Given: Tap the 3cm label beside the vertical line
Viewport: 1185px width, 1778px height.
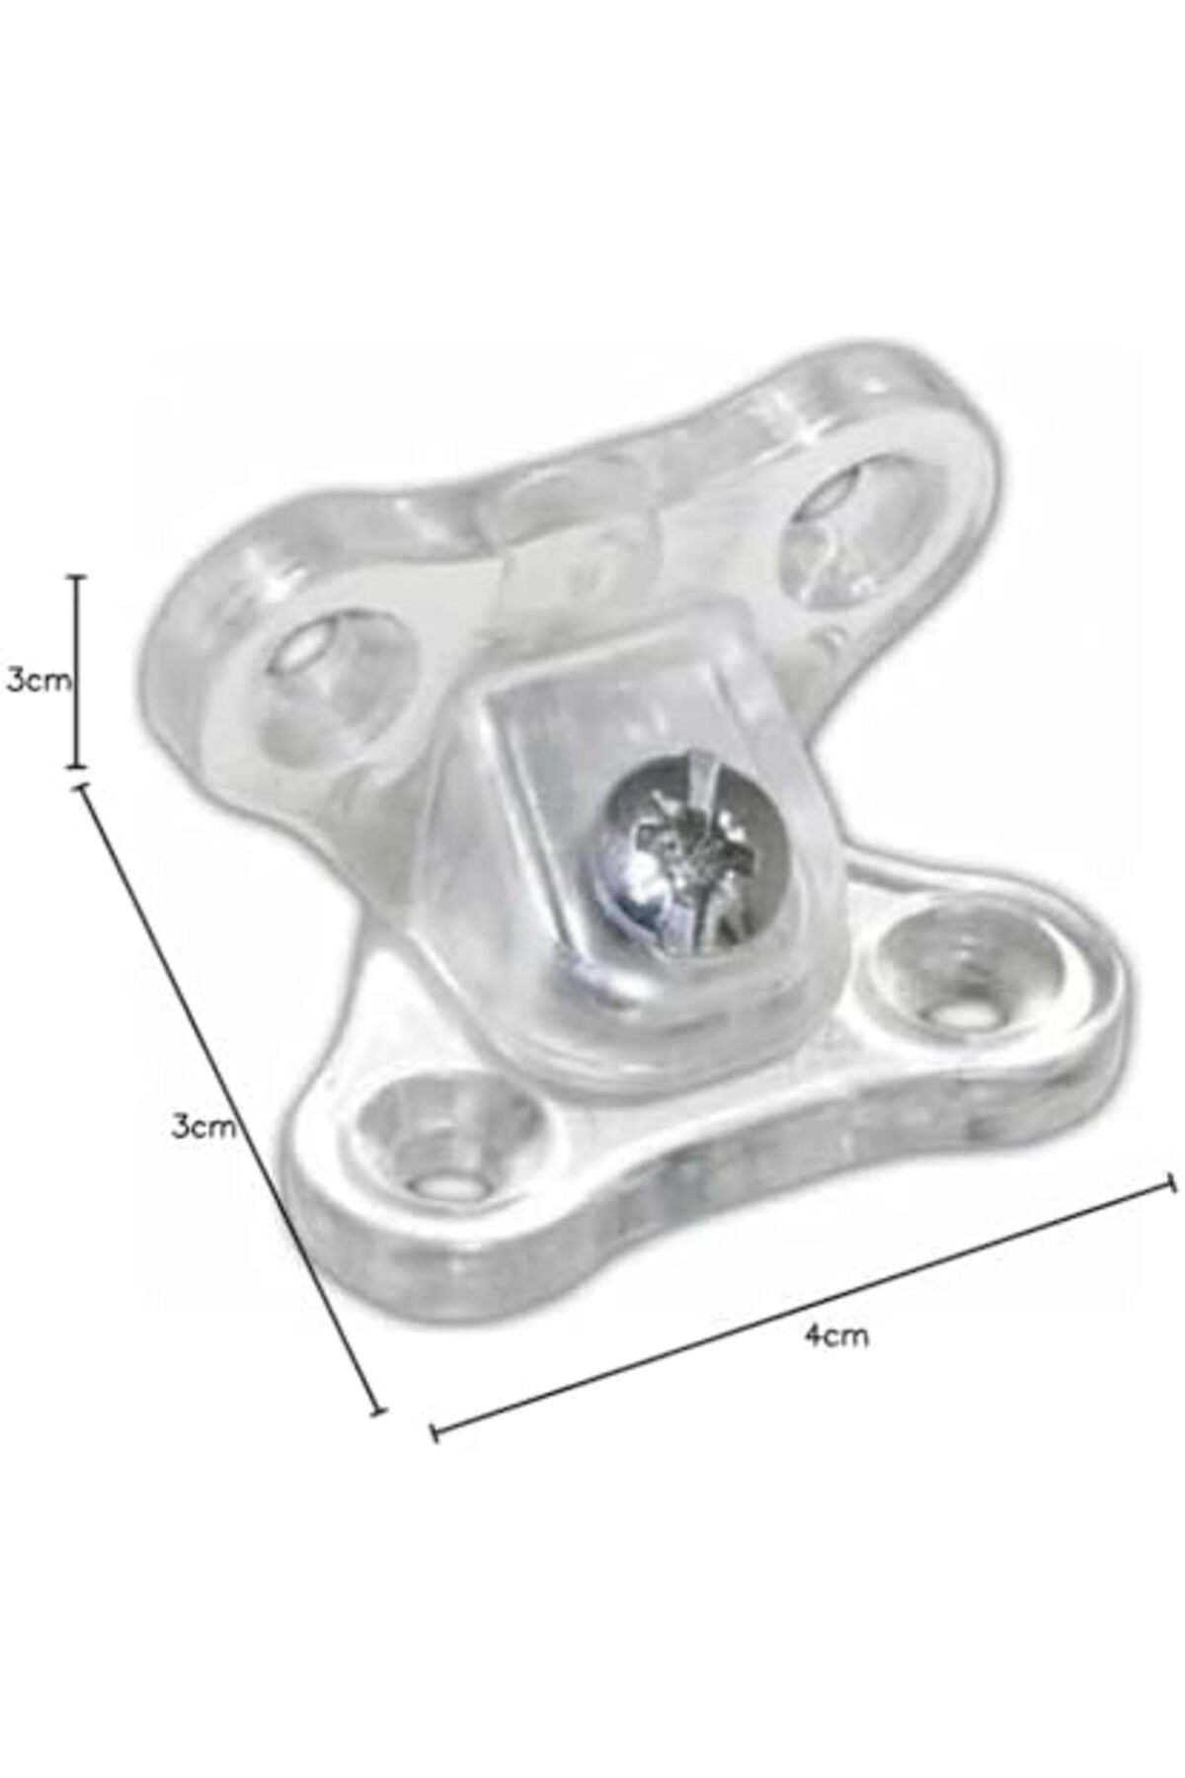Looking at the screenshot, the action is point(39,681).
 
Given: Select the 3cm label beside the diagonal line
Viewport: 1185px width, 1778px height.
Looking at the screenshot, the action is point(203,1126).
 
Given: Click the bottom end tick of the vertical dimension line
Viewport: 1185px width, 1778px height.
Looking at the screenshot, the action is point(78,766).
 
